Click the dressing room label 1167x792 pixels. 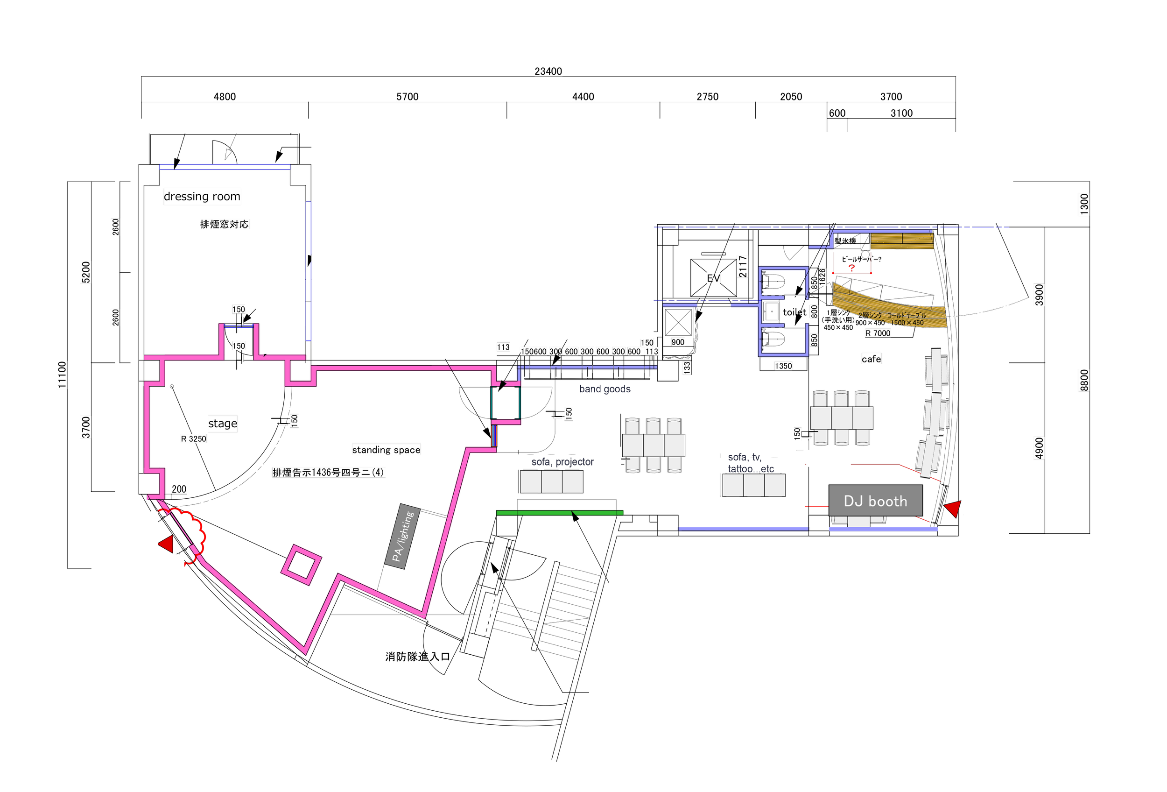202,197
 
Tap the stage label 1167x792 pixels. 223,424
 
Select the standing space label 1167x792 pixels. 386,450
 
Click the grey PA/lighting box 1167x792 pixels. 403,537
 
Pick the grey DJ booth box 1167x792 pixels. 875,501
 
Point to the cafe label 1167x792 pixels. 871,359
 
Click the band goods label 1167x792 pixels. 605,389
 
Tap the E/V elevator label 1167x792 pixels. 714,278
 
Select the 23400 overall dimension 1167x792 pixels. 548,71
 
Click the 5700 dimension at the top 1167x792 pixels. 407,96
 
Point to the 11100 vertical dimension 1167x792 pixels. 61,375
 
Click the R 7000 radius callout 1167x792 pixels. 878,333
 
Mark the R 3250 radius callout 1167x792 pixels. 194,439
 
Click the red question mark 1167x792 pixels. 851,268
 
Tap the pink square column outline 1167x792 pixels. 301,565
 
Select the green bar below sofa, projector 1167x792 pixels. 559,513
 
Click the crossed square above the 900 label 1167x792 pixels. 678,322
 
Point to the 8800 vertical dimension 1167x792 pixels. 1084,380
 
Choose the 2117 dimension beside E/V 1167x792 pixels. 743,267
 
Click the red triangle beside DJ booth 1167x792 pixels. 954,508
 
